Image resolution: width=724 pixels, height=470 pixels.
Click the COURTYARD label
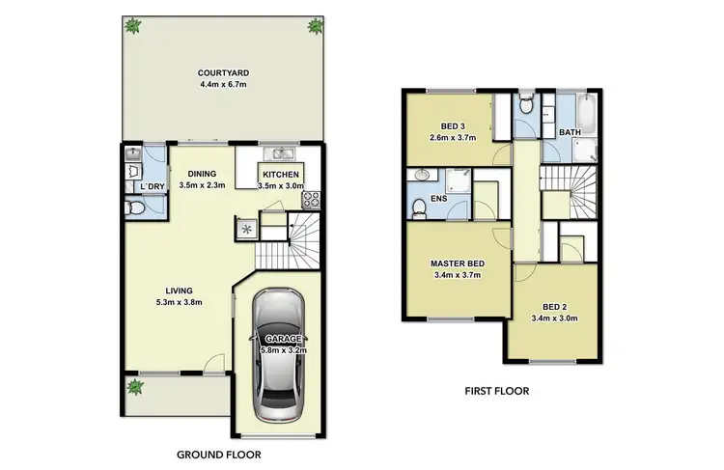[220, 72]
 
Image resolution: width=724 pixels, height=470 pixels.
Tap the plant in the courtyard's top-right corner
[313, 26]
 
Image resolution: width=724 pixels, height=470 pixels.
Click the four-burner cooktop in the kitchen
[312, 201]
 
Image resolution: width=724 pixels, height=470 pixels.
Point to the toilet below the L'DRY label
[135, 207]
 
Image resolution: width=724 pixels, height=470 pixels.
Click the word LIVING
[179, 290]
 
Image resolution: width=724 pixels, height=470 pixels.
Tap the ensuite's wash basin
[421, 177]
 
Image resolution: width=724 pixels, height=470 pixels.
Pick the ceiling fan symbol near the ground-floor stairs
[245, 229]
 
